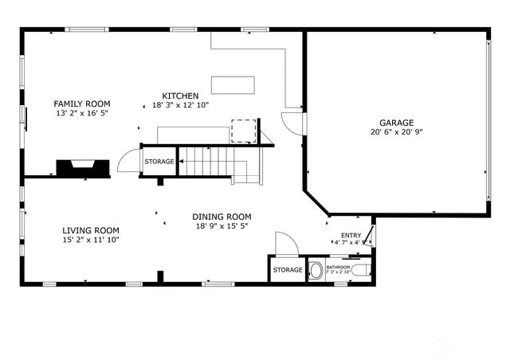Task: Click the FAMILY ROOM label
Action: coord(81,104)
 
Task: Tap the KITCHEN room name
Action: coord(180,96)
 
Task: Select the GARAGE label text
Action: coord(396,123)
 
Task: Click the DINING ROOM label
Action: coord(222,217)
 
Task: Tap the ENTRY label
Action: coord(351,235)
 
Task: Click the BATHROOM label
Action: coord(338,267)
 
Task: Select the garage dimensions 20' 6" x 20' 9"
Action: coord(396,132)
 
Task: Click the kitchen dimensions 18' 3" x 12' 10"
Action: coord(180,105)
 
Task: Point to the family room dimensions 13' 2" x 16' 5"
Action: coord(81,114)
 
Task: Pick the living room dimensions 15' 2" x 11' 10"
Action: coord(91,240)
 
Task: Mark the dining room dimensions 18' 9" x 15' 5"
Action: coord(222,226)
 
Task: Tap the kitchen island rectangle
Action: coord(233,84)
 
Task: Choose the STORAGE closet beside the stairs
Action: coord(159,162)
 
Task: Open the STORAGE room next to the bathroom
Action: coord(287,270)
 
